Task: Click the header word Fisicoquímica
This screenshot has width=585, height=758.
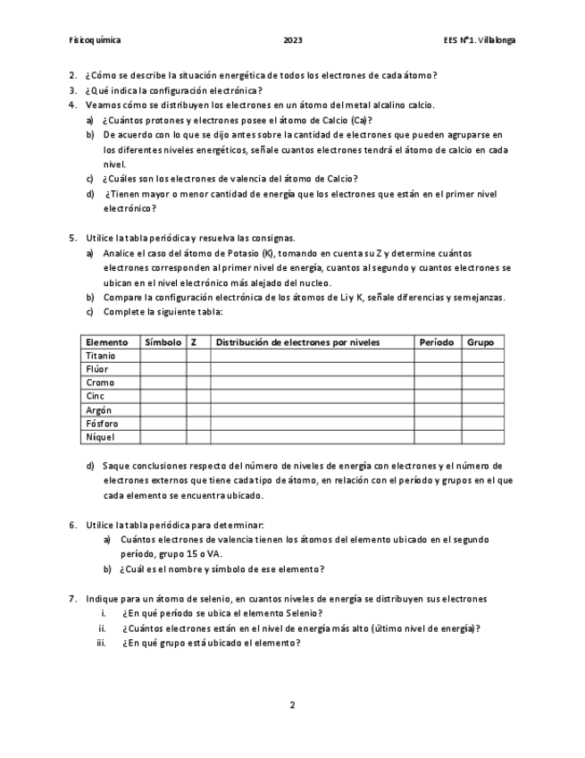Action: (x=95, y=40)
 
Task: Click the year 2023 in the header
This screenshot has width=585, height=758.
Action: (x=292, y=40)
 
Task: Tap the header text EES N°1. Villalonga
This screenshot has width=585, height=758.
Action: (x=479, y=40)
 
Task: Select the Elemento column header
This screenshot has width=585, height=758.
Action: (x=106, y=342)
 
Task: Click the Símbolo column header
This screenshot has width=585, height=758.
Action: (x=163, y=342)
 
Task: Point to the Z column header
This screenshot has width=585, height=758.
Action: (x=194, y=342)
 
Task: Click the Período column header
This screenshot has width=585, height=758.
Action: (x=437, y=342)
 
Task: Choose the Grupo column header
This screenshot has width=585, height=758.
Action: (x=481, y=342)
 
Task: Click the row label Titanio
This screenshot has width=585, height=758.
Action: (x=100, y=356)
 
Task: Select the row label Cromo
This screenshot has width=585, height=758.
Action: (x=99, y=383)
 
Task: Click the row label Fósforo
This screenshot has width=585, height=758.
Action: (x=101, y=424)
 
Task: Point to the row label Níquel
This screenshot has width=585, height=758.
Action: (x=99, y=437)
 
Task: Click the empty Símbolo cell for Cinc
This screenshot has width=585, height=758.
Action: (x=163, y=396)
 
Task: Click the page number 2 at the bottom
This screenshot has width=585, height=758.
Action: (x=292, y=704)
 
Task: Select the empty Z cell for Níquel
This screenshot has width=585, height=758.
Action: (x=198, y=437)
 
